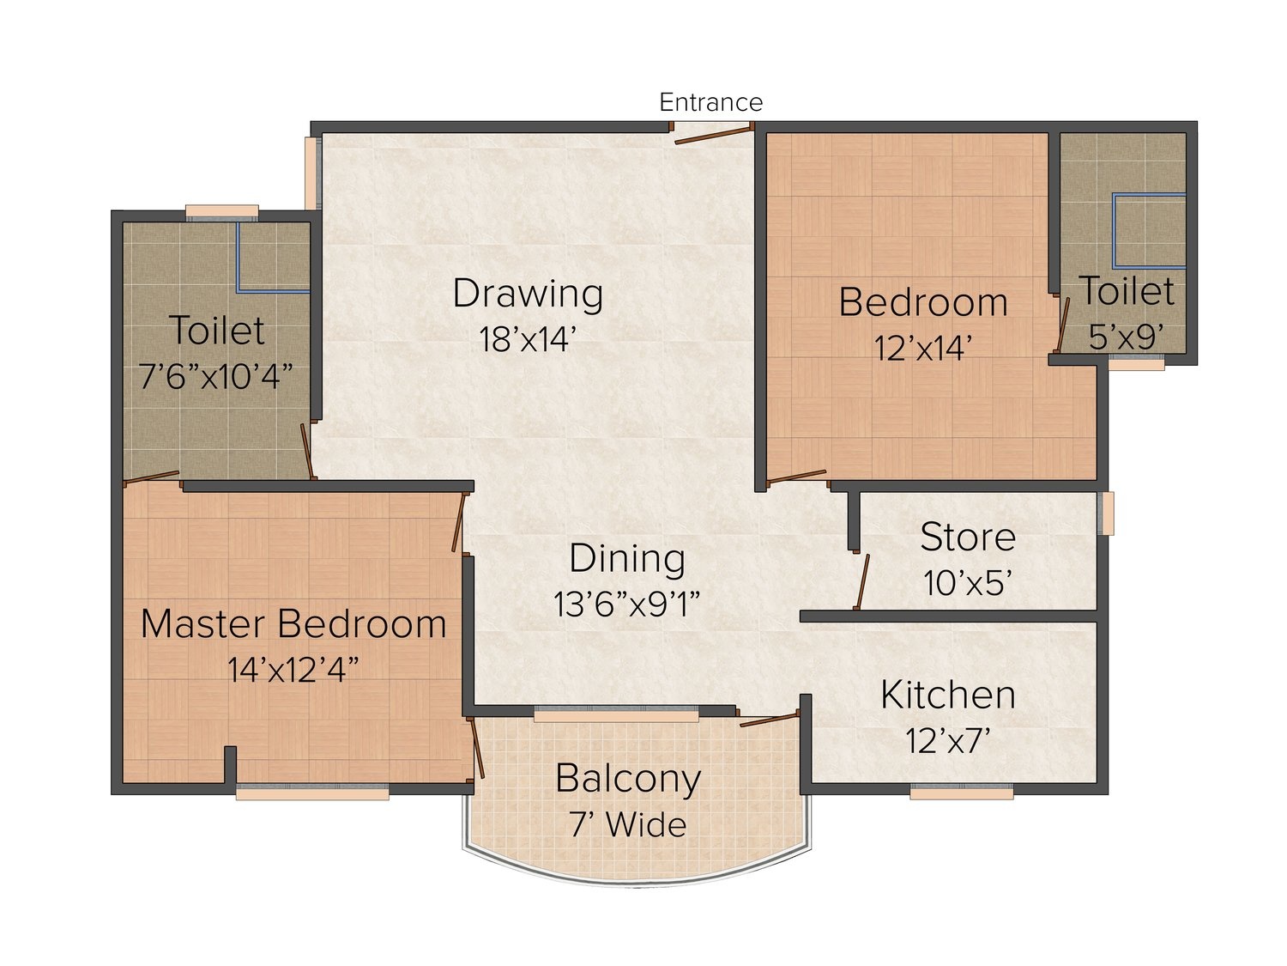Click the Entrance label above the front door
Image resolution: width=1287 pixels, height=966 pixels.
pos(710,103)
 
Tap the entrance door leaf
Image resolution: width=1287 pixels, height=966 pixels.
pos(714,133)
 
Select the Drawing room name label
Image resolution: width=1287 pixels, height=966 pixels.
pos(528,294)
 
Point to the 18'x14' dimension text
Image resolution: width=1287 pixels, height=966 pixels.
pos(528,339)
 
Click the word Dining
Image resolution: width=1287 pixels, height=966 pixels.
pos(627,558)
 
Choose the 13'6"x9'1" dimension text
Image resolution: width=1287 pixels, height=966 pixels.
pos(627,605)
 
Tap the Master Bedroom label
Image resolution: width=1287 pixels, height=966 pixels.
pos(293,623)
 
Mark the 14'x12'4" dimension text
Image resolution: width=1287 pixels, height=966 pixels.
pos(293,670)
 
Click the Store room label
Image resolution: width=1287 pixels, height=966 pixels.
pos(968,537)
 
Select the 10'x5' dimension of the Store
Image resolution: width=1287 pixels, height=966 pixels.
pos(968,583)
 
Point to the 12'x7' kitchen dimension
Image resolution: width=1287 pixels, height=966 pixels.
pos(948,741)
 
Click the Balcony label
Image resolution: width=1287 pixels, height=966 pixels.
pos(628,779)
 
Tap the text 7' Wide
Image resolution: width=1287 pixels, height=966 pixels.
pos(628,825)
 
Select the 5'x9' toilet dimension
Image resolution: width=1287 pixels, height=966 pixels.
pos(1127,337)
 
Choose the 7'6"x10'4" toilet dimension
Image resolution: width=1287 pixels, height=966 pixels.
pos(216,376)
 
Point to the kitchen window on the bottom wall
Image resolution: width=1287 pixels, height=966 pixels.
pos(962,793)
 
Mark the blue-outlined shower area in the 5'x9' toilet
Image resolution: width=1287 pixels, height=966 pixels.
pos(1149,230)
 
